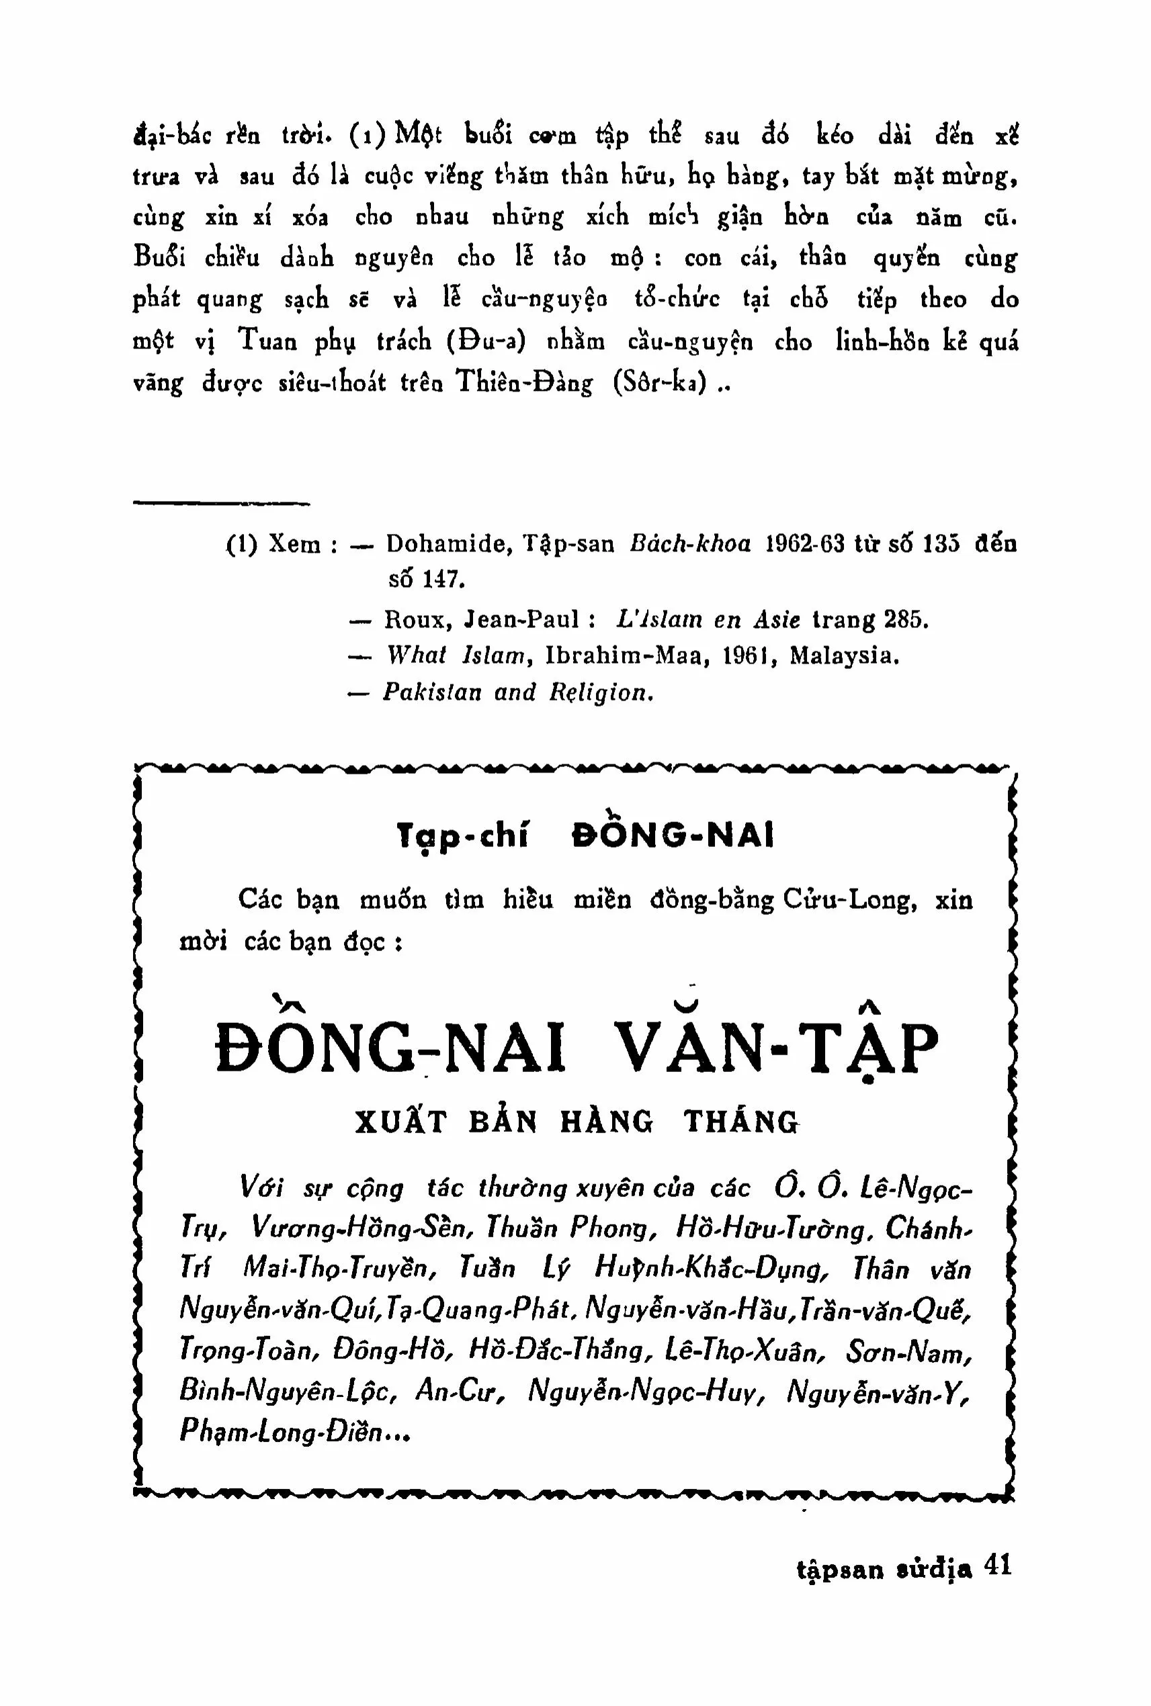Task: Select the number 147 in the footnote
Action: [x=444, y=580]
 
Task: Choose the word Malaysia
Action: [x=843, y=656]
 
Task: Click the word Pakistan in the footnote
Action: [x=431, y=692]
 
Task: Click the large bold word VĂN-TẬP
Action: [x=776, y=1047]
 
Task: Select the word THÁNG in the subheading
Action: [x=740, y=1122]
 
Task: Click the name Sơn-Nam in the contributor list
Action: [x=908, y=1352]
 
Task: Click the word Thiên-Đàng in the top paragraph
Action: [x=525, y=383]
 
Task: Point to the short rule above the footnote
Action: [x=221, y=503]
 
